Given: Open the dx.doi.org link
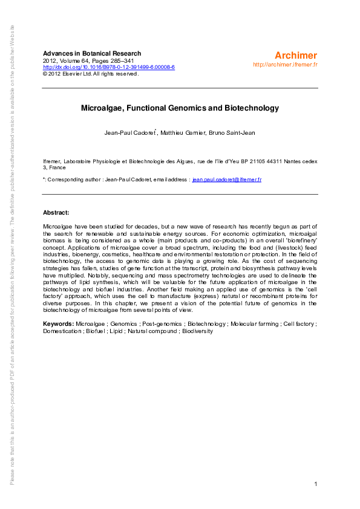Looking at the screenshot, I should click(x=109, y=67).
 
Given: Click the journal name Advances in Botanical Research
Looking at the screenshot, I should click(x=92, y=54).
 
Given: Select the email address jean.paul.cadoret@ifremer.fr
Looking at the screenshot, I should click(x=227, y=180).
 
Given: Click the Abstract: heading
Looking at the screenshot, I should click(x=56, y=213).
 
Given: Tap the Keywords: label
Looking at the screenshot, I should click(x=59, y=324).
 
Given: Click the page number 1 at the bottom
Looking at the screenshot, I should click(x=316, y=484).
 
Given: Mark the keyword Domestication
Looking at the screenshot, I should click(x=62, y=331).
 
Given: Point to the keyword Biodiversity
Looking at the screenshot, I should click(x=197, y=331).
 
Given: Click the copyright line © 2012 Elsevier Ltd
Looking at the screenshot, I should click(x=91, y=74).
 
